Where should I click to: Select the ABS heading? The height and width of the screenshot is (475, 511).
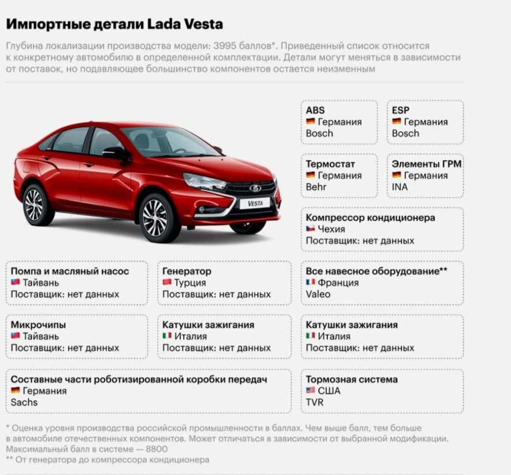(315, 110)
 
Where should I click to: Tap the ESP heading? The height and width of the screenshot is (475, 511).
(401, 110)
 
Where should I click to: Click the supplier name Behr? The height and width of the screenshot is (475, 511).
(316, 187)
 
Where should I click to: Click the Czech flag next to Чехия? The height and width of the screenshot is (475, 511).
(310, 229)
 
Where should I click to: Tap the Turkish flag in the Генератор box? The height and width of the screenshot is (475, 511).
(167, 283)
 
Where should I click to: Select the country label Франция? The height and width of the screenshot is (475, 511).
(338, 283)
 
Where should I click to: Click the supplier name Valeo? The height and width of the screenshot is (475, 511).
(319, 294)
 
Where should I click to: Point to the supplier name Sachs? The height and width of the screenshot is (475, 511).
(24, 402)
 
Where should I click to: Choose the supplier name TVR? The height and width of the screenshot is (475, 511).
(314, 402)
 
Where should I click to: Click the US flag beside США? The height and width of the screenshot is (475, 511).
(310, 391)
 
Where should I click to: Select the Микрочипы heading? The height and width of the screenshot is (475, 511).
(38, 325)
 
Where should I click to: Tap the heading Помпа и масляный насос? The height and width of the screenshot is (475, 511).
(70, 271)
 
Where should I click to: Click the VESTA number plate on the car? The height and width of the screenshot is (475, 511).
(255, 203)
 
